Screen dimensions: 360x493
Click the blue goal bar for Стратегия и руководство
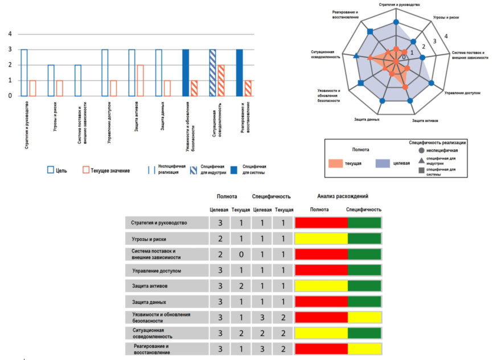24,72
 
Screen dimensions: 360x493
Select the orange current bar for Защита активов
141,80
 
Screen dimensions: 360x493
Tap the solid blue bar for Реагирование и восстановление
240,72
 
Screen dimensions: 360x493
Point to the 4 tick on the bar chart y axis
10,34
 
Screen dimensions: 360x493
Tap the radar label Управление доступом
462,92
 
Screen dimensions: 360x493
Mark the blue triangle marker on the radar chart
356,56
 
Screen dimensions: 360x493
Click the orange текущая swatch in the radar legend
341,163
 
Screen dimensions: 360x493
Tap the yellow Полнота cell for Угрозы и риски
321,239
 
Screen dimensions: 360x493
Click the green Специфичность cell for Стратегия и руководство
364,223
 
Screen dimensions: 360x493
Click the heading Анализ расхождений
339,195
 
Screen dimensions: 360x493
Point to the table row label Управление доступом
157,271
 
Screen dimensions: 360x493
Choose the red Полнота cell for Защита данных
321,301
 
